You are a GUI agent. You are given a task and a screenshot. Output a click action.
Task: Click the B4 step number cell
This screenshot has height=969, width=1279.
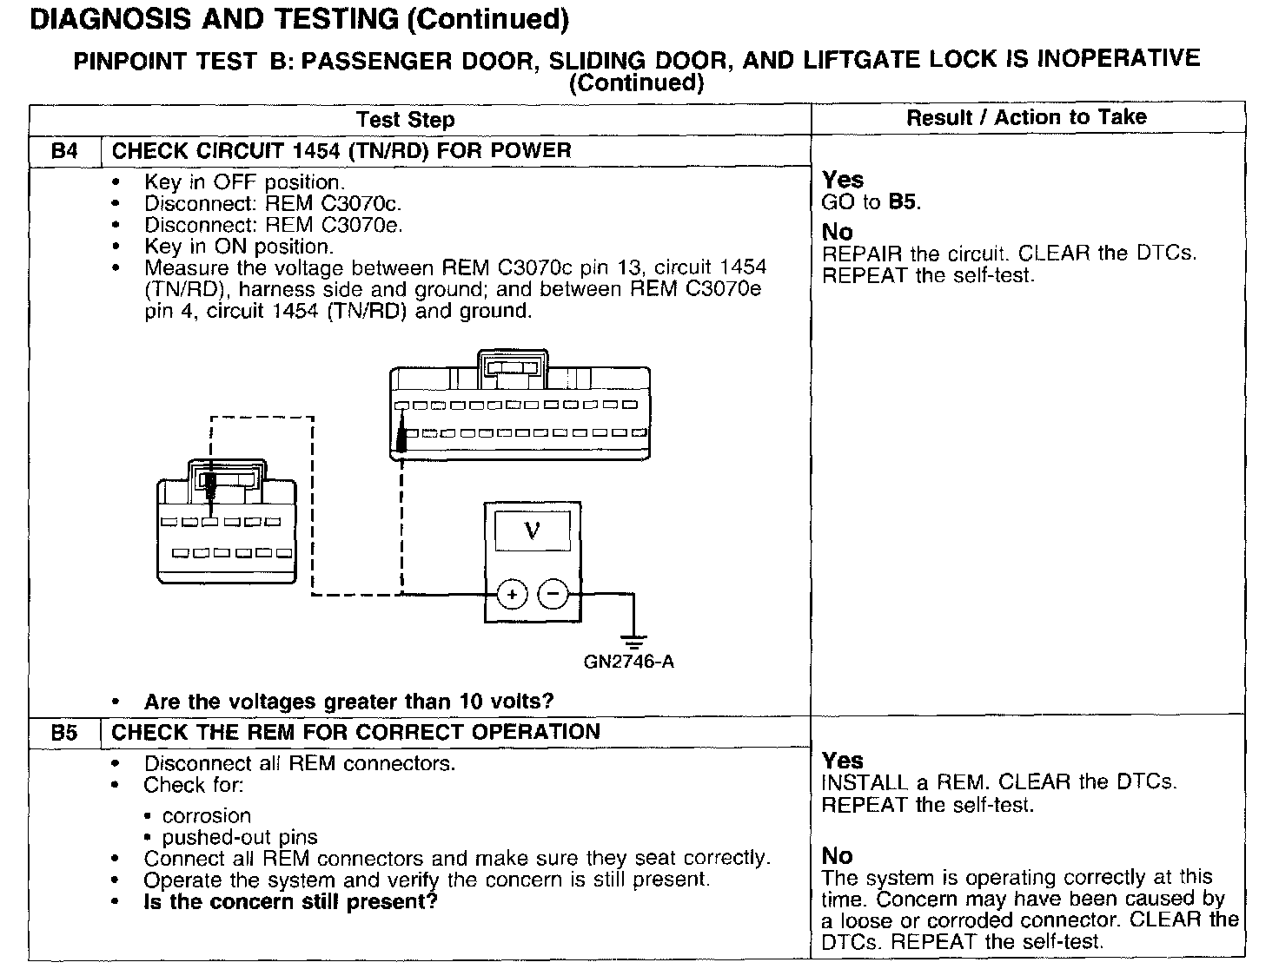(x=64, y=150)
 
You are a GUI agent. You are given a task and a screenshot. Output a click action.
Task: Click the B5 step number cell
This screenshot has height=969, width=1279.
(x=64, y=732)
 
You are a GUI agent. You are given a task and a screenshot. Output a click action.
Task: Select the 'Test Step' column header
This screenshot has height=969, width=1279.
(x=405, y=120)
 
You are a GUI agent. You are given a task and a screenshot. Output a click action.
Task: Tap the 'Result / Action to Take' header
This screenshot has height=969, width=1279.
(x=1026, y=118)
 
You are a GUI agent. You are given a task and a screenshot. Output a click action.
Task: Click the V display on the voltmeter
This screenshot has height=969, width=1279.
(x=533, y=530)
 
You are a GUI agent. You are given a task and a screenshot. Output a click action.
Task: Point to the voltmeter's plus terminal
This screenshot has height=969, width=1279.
(x=513, y=595)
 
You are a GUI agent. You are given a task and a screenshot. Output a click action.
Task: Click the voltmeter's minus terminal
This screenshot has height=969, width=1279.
(x=553, y=595)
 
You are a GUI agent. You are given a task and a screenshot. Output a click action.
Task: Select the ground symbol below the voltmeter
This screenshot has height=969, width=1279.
(x=634, y=641)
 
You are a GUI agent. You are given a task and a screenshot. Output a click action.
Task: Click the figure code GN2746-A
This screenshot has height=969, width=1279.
(x=629, y=662)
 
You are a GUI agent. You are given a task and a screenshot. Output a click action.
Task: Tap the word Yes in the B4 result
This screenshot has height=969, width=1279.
(x=843, y=180)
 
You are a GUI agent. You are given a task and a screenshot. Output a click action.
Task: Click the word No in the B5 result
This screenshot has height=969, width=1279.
(x=838, y=856)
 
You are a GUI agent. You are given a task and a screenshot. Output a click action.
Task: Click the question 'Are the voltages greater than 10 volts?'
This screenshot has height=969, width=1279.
(x=348, y=702)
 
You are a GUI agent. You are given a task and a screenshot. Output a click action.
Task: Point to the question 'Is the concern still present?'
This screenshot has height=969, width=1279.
(x=290, y=901)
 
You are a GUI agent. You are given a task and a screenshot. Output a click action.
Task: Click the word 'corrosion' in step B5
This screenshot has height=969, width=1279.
(x=207, y=816)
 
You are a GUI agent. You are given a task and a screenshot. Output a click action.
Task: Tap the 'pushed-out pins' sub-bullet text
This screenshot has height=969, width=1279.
(x=240, y=838)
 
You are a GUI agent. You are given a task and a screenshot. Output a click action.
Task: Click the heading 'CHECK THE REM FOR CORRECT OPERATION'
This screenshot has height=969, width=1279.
(x=356, y=732)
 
